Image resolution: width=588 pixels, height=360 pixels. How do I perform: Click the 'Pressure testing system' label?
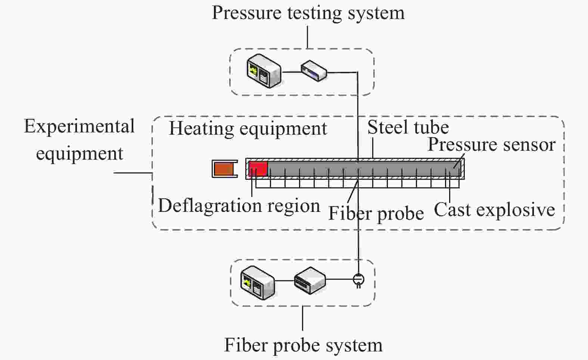coord(308,13)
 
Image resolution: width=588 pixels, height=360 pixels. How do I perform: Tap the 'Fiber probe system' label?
coord(303,345)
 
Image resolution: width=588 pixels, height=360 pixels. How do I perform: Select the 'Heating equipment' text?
coord(248,129)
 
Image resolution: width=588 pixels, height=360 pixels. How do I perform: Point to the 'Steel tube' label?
coord(408,127)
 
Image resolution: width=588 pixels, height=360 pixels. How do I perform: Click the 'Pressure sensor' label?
coord(491,145)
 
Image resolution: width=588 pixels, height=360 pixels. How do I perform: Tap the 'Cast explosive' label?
coord(495,210)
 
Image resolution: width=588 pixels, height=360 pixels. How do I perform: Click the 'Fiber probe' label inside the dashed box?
coord(376,213)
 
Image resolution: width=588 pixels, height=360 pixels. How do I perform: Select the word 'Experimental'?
coord(79,126)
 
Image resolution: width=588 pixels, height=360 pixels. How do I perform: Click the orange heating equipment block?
coord(224,169)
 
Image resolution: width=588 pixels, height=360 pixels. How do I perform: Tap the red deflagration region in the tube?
coord(258,168)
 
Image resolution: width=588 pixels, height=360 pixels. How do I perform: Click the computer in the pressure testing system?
coord(264,71)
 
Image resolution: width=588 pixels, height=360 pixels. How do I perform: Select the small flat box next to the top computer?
coord(314,71)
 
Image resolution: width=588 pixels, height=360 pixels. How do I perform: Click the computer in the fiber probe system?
coord(258,283)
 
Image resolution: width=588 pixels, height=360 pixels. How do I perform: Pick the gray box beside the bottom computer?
coord(310,280)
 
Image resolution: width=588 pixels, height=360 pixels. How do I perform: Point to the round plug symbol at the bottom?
coord(358,280)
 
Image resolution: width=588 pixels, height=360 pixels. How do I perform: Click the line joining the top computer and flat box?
coord(291,72)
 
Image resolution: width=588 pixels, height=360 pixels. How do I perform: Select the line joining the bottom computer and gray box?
coord(284,281)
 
